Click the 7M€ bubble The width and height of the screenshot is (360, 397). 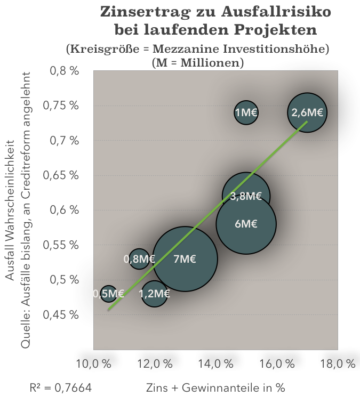[x=185, y=259]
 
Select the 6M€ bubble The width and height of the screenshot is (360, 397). [x=246, y=224]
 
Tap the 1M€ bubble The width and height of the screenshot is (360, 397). [x=246, y=112]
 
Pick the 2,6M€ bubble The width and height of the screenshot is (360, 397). [x=307, y=112]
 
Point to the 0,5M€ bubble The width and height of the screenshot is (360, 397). [x=109, y=293]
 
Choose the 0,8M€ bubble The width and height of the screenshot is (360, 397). [x=139, y=259]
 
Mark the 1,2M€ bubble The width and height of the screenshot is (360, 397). [x=155, y=293]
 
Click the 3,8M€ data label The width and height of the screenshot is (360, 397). [x=246, y=196]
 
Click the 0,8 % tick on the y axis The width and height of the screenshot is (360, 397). [x=63, y=71]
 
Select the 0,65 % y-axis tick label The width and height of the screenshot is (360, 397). [x=63, y=175]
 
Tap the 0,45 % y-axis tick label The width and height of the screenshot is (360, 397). [x=63, y=314]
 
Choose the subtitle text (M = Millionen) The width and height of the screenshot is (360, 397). [x=197, y=62]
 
